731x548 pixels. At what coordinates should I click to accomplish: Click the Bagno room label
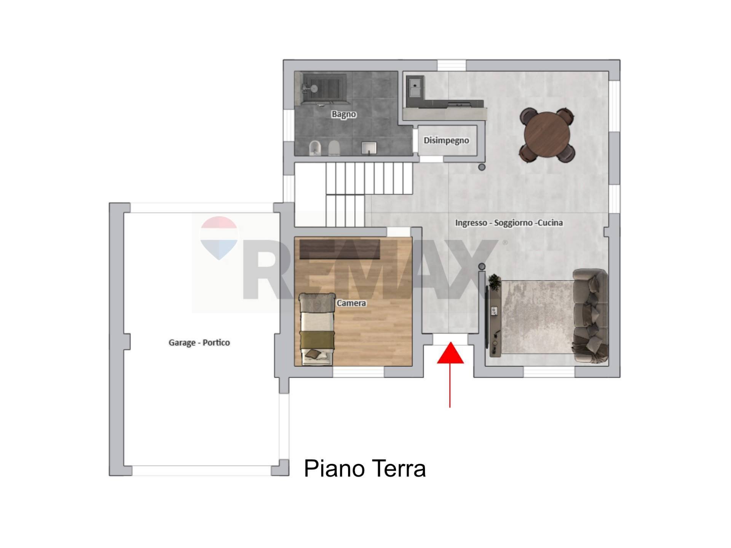click(343, 114)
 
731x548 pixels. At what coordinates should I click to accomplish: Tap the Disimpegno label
click(446, 140)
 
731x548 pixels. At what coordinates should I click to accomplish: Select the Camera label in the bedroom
click(351, 303)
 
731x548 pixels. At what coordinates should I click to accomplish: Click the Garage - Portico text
click(199, 342)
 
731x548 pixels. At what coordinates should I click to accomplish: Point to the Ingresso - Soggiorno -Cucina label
click(509, 223)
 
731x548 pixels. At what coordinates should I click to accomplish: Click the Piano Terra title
click(364, 468)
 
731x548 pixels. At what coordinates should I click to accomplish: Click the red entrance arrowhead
click(450, 354)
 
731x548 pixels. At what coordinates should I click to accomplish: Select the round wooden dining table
click(547, 135)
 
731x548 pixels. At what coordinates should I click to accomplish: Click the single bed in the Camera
click(317, 329)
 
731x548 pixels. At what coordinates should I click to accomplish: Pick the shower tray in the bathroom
click(324, 89)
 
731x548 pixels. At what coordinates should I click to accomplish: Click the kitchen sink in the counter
click(415, 88)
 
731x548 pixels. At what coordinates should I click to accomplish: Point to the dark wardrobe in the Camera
click(340, 249)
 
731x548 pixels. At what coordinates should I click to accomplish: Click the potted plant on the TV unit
click(494, 282)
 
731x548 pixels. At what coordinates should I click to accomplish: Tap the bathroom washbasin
click(369, 148)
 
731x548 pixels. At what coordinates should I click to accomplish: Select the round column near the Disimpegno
click(482, 167)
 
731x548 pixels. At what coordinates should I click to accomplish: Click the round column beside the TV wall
click(482, 266)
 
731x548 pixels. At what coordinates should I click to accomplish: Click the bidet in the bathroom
click(315, 148)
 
